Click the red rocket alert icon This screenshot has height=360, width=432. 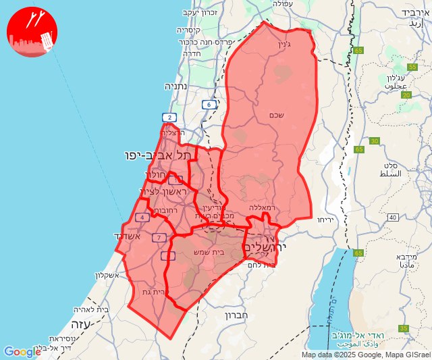pos(32,32)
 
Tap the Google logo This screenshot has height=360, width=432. pos(22,352)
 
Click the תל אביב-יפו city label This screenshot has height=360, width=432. pos(158,155)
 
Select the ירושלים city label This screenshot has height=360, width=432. pos(264,247)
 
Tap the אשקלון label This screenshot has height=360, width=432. pos(103,275)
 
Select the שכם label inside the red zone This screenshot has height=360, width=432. pos(276,115)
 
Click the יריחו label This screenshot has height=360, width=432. pos(326,220)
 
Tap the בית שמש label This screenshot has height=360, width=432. pos(209,253)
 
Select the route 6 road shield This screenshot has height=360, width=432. pos(209,105)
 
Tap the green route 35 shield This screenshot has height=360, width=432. pos(404,328)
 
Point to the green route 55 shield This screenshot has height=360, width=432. pos(412,67)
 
